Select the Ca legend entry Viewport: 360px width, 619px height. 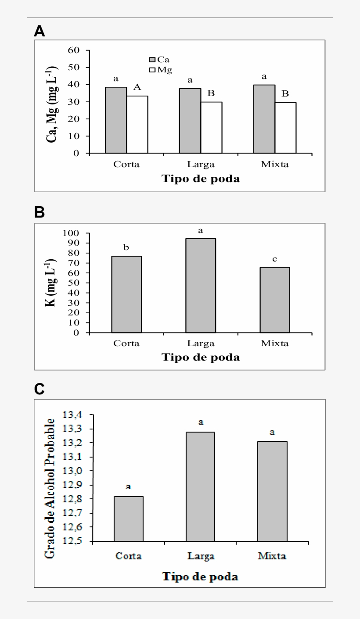[x=160, y=59]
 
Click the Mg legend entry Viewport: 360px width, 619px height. [x=160, y=70]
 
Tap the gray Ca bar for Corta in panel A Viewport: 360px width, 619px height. [x=116, y=120]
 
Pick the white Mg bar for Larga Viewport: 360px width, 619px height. [x=211, y=127]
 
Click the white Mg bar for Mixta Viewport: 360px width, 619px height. [x=285, y=128]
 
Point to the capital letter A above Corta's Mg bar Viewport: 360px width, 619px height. [x=137, y=88]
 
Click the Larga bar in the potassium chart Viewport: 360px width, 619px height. [x=200, y=285]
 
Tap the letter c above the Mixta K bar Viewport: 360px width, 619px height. [x=275, y=259]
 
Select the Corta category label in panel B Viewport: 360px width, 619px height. [x=126, y=343]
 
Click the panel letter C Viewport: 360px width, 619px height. [x=40, y=389]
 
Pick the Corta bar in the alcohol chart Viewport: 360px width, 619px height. [x=128, y=519]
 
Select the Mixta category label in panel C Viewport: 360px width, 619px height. [x=272, y=556]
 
